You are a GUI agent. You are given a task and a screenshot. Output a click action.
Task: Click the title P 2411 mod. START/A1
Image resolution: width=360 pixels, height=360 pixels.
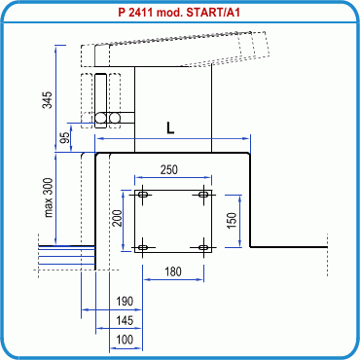pos(179,13)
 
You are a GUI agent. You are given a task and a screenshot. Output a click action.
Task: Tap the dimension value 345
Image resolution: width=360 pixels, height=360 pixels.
pos(48,100)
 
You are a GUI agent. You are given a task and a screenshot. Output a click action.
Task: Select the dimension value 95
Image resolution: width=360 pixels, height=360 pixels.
pos(65,138)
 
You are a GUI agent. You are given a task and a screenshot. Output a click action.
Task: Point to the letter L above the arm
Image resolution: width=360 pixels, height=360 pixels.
pos(170,128)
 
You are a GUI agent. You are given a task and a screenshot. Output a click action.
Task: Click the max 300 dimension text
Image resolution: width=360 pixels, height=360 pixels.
pos(49,198)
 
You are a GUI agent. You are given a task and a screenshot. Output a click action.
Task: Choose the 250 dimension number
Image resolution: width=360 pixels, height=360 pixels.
pos(169,169)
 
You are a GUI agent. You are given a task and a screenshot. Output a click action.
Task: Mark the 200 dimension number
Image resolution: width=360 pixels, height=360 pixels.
pos(117,218)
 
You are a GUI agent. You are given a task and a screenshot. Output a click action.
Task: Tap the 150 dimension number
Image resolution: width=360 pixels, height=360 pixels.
pos(232,221)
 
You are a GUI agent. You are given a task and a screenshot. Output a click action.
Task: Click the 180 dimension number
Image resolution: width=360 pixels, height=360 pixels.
pos(173,271)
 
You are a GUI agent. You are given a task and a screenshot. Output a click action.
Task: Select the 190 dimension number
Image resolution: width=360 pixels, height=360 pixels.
pos(125,302)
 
